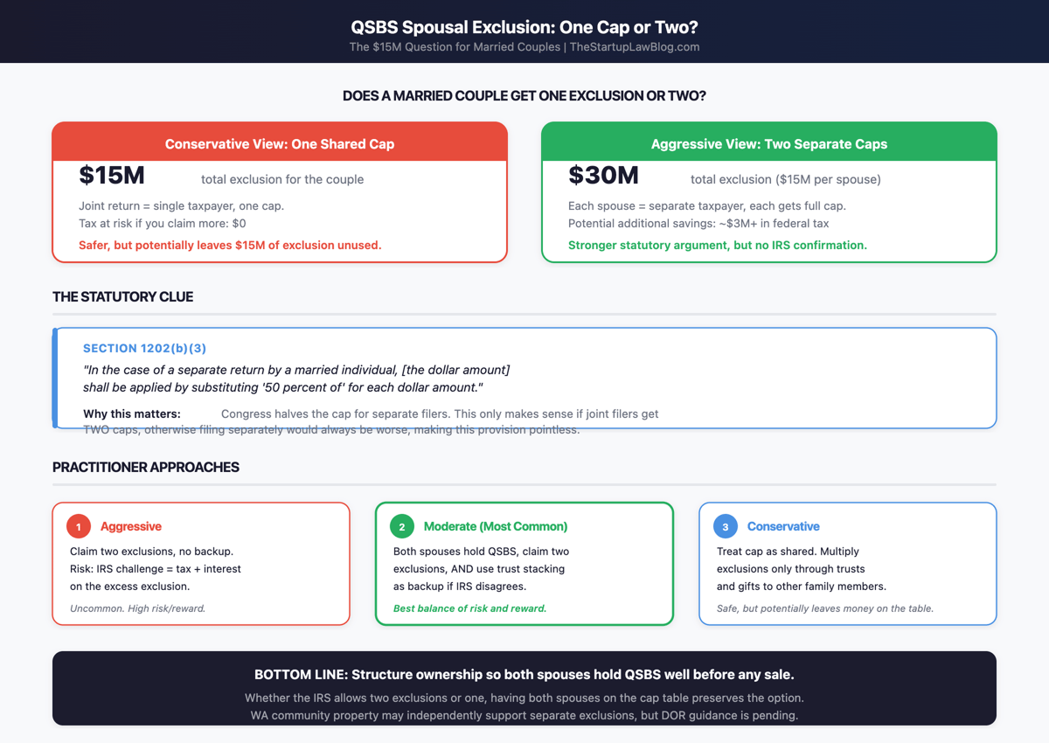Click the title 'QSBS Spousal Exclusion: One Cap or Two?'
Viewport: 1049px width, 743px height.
coord(524,27)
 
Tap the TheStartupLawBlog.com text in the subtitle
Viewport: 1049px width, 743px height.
coord(635,47)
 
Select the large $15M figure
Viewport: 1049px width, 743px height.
coord(112,176)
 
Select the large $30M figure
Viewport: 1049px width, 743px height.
coord(603,176)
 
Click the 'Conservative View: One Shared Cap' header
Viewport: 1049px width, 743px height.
coord(280,144)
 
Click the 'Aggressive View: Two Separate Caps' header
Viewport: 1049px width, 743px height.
coord(769,144)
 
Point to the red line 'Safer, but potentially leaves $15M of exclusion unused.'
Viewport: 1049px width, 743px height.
coord(230,246)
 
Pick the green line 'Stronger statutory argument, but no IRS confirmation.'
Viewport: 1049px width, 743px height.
coord(718,246)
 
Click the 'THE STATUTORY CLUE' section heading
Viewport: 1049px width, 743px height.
coord(123,297)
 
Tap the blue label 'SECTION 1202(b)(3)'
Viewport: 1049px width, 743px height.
coord(145,349)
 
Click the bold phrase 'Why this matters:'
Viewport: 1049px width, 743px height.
coord(132,413)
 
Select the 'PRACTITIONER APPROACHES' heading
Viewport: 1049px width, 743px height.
coord(146,468)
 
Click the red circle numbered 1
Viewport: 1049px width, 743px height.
coord(79,526)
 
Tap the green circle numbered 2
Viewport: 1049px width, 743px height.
coord(402,526)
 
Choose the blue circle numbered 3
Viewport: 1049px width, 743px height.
coord(726,526)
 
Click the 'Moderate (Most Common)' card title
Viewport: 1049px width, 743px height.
coord(496,527)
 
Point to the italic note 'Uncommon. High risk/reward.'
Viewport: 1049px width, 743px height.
coord(137,608)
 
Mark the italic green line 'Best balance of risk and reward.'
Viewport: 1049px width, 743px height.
coord(469,608)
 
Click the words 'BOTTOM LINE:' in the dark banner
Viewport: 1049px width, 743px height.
coord(300,675)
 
